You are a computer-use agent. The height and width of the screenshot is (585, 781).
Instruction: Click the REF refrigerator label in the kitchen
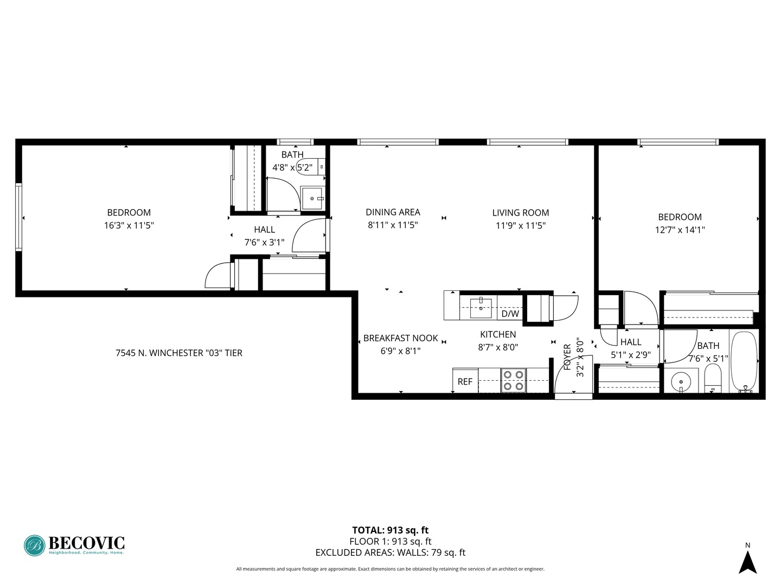click(465, 381)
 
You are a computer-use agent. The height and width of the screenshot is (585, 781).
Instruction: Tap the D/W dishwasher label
click(510, 314)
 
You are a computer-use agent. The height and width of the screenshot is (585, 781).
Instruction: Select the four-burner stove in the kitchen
click(513, 380)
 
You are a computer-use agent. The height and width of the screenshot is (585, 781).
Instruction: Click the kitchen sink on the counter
click(481, 307)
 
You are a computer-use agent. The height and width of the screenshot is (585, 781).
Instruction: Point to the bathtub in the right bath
click(744, 360)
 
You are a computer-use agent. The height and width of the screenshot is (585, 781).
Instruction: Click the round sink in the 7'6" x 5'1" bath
click(681, 381)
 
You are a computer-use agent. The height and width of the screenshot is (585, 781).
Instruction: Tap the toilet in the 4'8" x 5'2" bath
click(310, 167)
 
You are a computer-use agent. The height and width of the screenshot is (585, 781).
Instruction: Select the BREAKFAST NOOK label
click(400, 338)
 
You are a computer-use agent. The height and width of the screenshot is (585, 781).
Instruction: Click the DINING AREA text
click(393, 212)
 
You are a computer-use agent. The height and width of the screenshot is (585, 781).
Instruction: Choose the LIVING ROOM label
click(520, 213)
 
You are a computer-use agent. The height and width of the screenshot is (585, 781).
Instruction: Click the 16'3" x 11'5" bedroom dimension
click(129, 225)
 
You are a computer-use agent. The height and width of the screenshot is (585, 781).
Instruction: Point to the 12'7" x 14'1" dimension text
click(680, 230)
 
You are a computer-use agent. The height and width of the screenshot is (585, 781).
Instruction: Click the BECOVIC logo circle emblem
click(34, 545)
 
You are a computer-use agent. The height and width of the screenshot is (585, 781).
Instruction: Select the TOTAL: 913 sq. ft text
click(390, 530)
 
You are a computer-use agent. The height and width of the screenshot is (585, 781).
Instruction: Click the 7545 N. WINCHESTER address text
click(179, 353)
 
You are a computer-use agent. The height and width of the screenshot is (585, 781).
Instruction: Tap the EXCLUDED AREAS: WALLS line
click(390, 552)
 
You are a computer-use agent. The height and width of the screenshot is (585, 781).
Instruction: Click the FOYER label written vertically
click(567, 357)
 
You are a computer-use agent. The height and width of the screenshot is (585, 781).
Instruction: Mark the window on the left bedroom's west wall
click(18, 217)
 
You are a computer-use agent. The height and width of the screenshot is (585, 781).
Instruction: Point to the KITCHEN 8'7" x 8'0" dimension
click(498, 347)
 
